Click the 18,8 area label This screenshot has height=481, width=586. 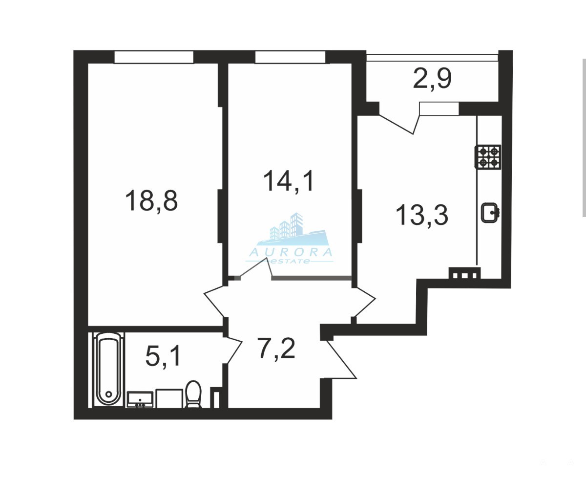coord(151,201)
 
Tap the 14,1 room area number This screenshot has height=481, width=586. coord(289,181)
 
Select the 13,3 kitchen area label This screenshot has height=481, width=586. coord(422,215)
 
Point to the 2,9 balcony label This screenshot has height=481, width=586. coord(432,79)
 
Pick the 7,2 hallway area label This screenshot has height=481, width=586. coord(276,348)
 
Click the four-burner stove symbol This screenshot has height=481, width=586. coord(488,157)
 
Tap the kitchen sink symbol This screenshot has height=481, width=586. coord(490,213)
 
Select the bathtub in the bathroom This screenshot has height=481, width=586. coord(108,369)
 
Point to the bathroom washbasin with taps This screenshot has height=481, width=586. coord(140,400)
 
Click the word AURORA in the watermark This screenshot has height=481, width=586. coord(291,252)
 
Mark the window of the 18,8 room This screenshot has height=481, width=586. coord(154,57)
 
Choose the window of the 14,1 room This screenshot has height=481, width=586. coord(291,57)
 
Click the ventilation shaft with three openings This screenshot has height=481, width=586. coord(464,273)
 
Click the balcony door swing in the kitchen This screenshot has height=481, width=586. coord(399,118)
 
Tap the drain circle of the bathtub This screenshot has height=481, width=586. coord(108,394)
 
